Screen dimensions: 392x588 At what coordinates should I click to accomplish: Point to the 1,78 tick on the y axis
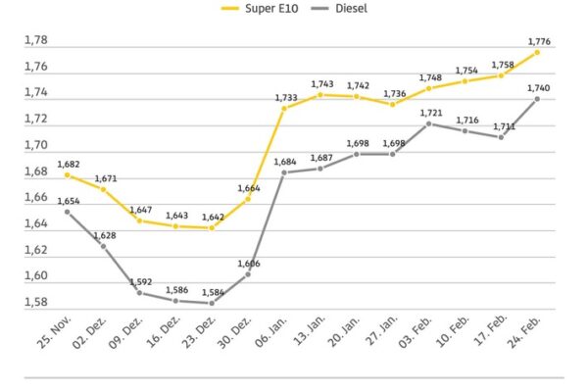coord(35,39)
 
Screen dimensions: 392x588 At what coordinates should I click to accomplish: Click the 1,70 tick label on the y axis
coord(35,145)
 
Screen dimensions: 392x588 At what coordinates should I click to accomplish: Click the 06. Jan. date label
coord(270,333)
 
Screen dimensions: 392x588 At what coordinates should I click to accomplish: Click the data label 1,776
coord(538,40)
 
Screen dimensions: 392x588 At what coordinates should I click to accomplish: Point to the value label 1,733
coord(286,97)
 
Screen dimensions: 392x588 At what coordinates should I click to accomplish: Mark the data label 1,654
coord(69,200)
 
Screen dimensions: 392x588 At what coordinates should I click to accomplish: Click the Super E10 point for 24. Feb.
coord(538,51)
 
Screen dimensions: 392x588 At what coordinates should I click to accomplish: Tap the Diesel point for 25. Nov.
coord(67,212)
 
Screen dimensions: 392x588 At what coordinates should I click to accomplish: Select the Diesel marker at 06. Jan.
coord(284,172)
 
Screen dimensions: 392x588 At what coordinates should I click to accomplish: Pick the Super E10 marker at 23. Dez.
coord(212,227)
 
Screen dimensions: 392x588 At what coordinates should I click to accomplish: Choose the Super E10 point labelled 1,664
coord(248,199)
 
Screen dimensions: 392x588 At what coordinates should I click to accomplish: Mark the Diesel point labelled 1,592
coord(139,293)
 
